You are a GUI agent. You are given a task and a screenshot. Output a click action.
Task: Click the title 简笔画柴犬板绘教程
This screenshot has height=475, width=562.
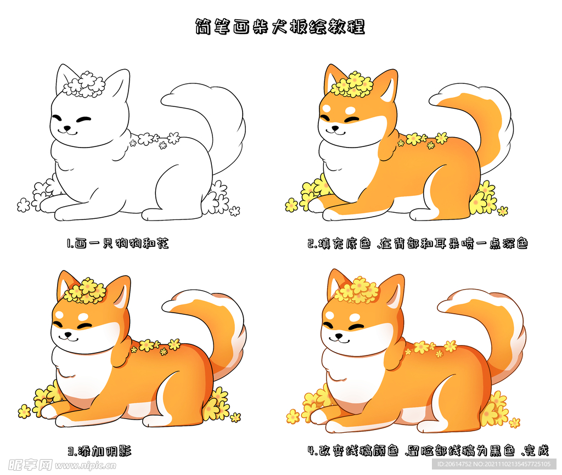(280, 26)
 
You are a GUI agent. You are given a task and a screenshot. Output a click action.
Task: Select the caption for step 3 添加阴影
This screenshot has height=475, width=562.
(100, 451)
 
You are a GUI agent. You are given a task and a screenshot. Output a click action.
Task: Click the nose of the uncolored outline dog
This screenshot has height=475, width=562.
(66, 128)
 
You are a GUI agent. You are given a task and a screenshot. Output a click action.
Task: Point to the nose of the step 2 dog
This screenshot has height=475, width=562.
(335, 128)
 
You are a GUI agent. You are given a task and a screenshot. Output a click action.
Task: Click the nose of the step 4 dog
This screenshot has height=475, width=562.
(338, 336)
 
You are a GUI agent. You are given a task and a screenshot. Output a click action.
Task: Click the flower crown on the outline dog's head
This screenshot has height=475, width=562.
(84, 84)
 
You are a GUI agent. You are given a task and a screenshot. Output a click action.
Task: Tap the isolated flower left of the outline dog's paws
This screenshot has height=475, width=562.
(24, 205)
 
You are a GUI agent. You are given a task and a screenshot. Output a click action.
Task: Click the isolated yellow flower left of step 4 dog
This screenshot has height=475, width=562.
(293, 416)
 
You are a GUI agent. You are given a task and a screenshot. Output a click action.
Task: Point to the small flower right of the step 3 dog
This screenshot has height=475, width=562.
(235, 417)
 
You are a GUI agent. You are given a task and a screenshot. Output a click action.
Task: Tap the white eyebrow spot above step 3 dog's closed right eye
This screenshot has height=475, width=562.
(83, 317)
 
